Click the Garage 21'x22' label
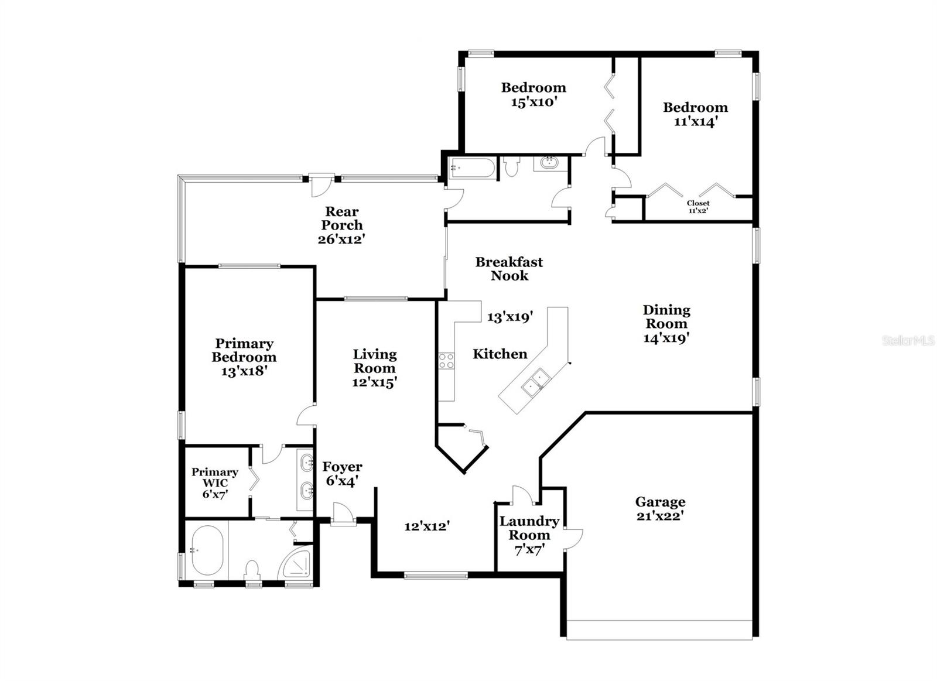pos(660,509)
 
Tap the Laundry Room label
pos(529,528)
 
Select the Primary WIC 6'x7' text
pos(215,482)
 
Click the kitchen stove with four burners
pos(446,360)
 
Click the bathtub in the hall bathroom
pos(471,169)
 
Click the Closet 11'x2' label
pos(697,206)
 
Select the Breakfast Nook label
pos(509,269)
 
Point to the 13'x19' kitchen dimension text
pos(510,317)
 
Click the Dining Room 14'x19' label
pos(666,324)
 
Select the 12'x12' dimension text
pos(426,526)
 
